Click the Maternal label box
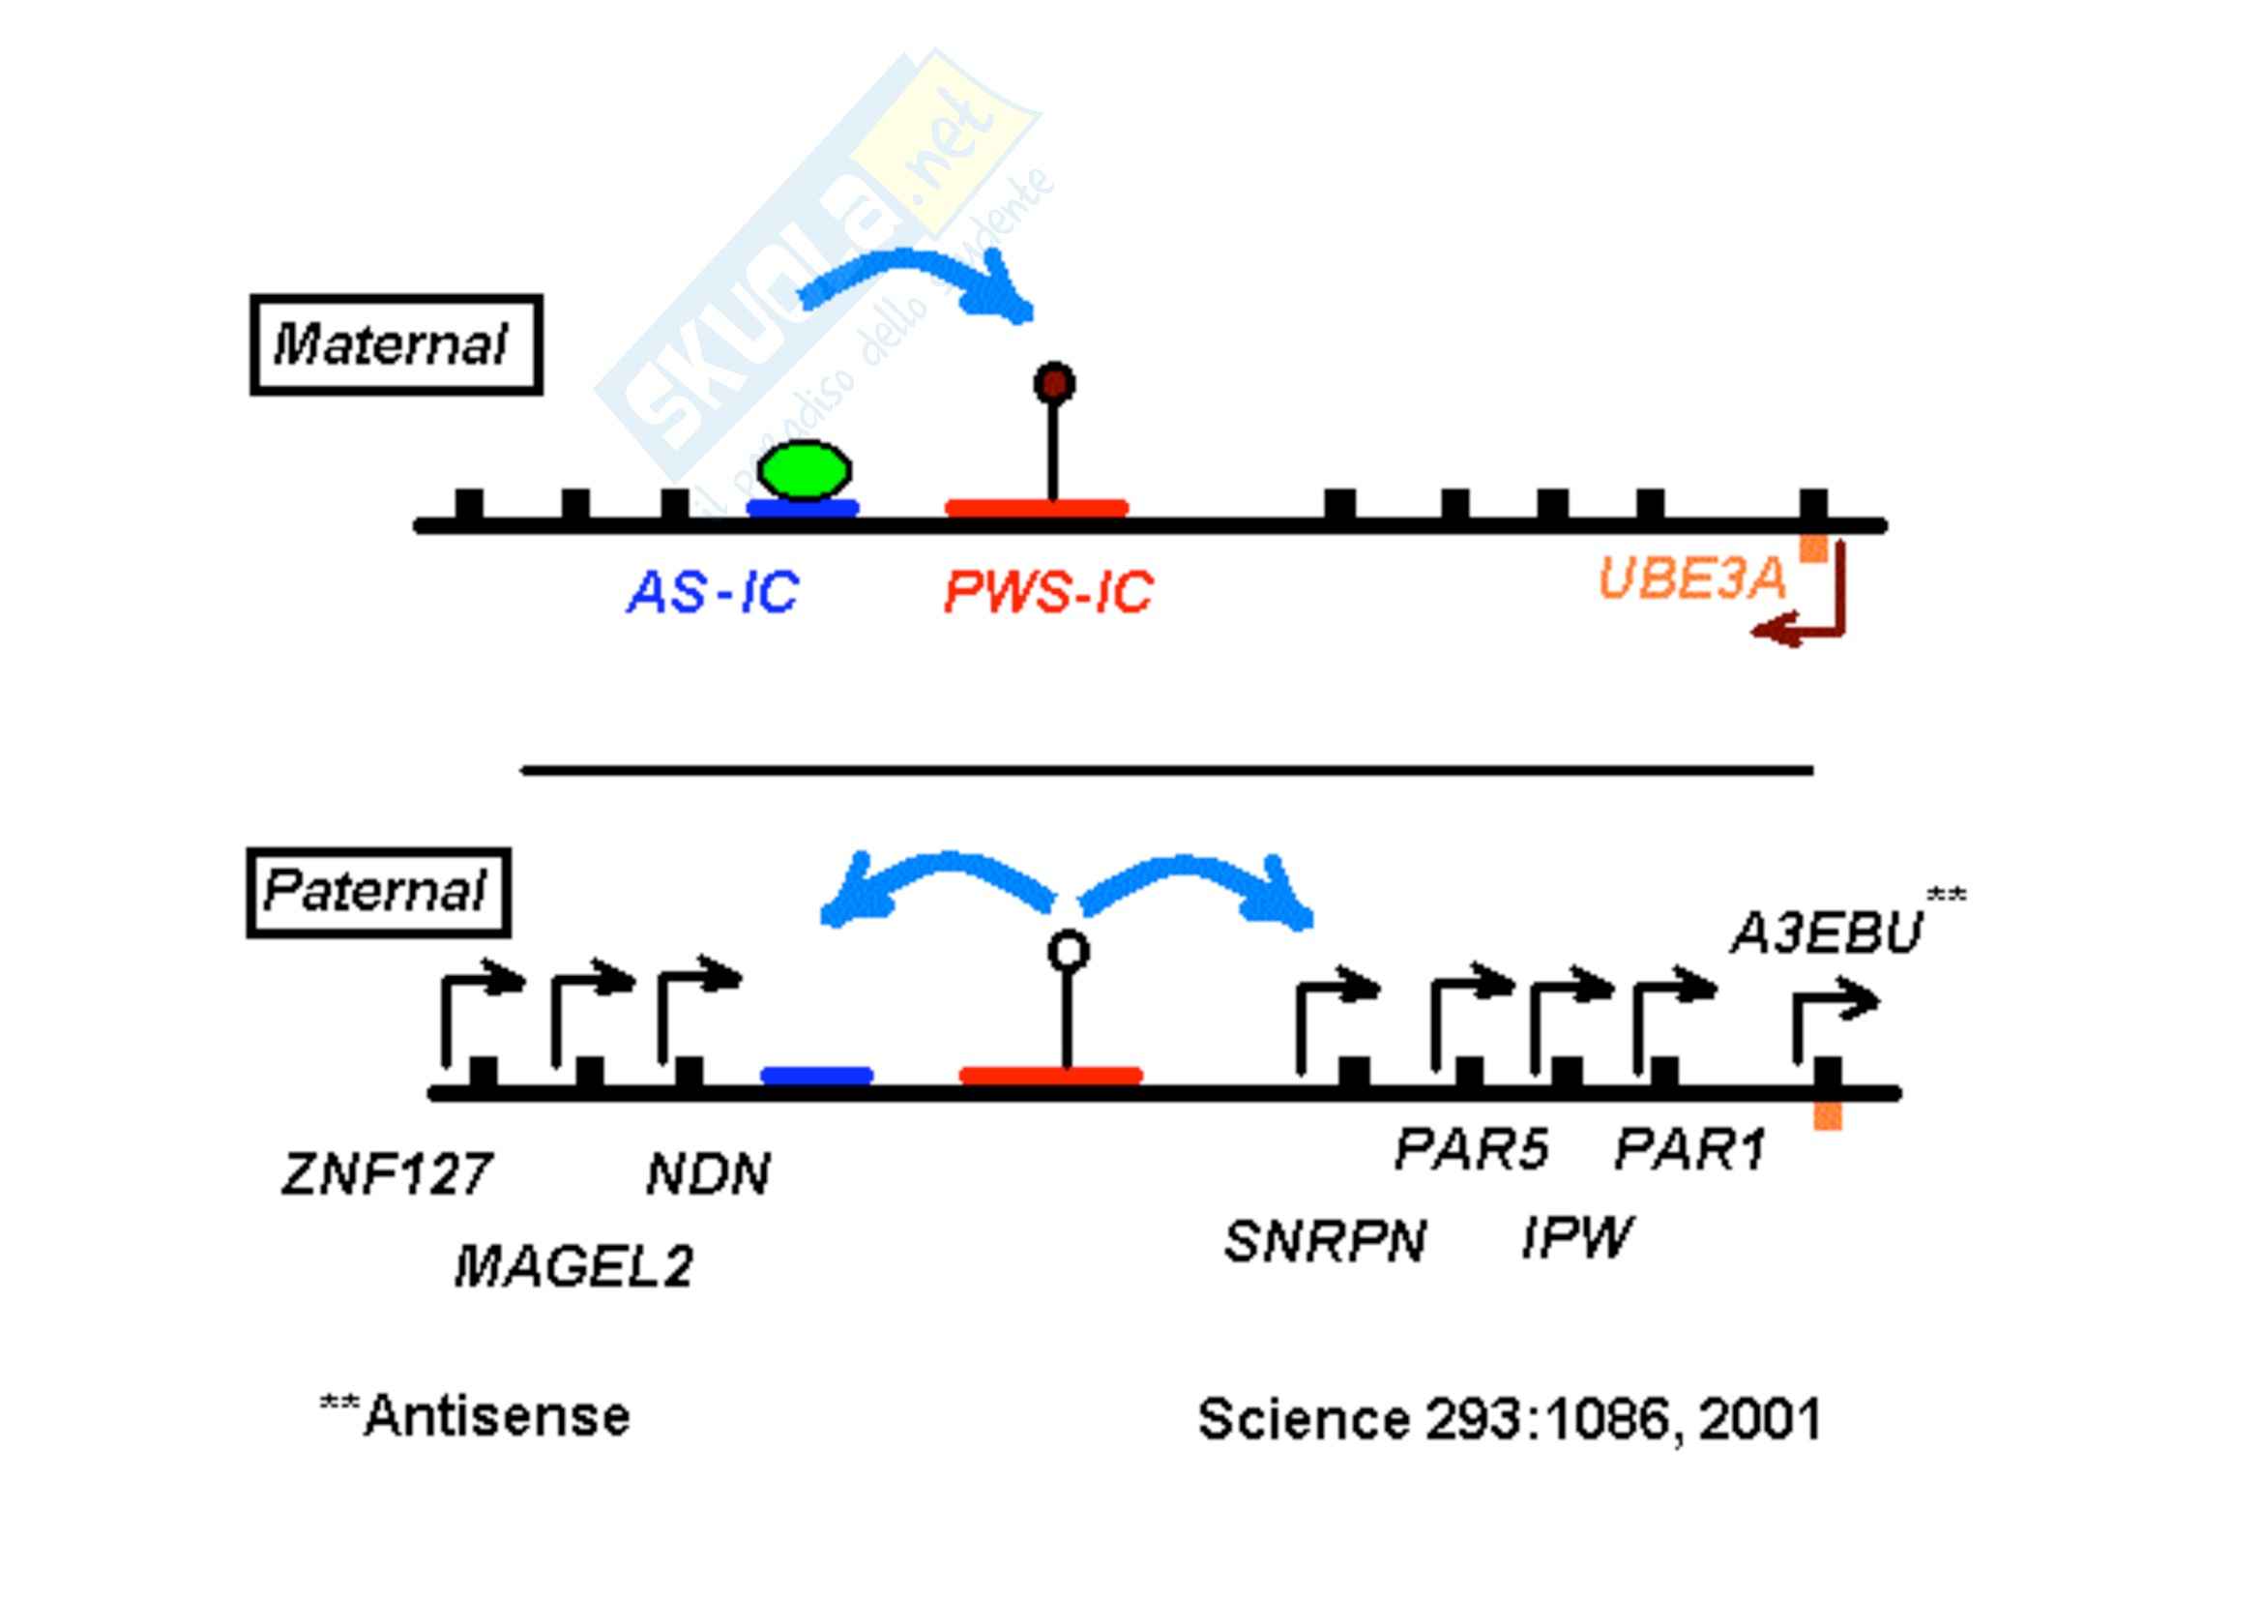(x=397, y=344)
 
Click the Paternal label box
(x=378, y=893)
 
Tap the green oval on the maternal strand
(x=804, y=470)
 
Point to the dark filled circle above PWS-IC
(x=1054, y=382)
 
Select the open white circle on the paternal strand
(x=1068, y=952)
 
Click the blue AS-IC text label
(x=714, y=593)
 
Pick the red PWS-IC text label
(x=1048, y=593)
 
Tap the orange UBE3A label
(x=1690, y=579)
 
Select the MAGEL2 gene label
(x=573, y=1267)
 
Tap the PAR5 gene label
(x=1472, y=1149)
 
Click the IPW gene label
(x=1576, y=1237)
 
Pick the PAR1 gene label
(x=1690, y=1149)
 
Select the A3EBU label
(x=1827, y=932)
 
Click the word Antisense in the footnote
(x=496, y=1417)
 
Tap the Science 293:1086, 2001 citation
(x=1510, y=1420)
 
